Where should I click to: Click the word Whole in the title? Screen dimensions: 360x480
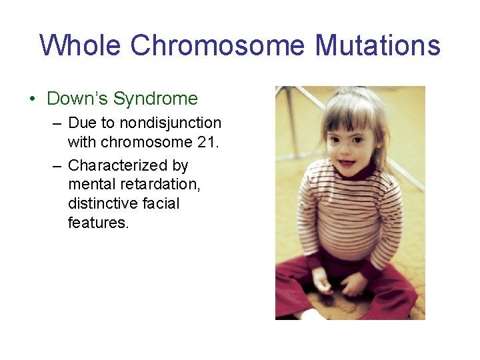tap(81, 46)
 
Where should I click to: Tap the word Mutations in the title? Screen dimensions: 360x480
tap(377, 46)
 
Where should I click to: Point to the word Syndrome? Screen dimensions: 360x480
tap(155, 99)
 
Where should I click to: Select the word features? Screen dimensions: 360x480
tap(97, 223)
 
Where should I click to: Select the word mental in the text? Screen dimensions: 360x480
tap(91, 184)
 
